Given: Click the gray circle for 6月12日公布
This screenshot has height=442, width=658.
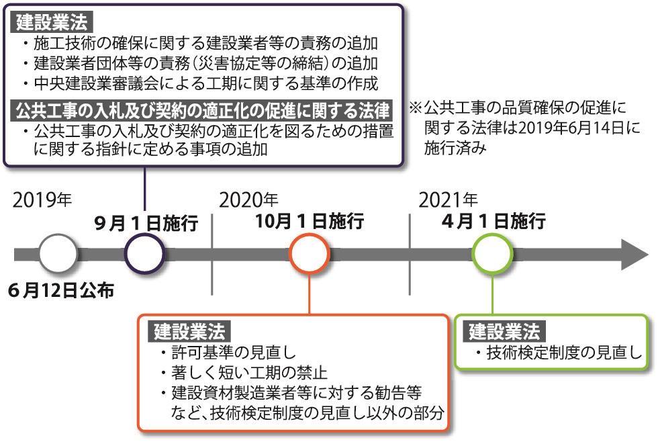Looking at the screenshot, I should pyautogui.click(x=58, y=253).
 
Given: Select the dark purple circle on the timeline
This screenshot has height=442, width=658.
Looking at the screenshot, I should pyautogui.click(x=144, y=254).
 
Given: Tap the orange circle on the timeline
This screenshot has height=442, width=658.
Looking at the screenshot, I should pyautogui.click(x=309, y=254).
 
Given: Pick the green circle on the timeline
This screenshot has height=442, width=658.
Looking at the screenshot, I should pyautogui.click(x=492, y=254).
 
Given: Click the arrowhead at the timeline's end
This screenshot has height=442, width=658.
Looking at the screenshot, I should pyautogui.click(x=634, y=254).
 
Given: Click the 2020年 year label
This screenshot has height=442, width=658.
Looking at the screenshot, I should pyautogui.click(x=248, y=200).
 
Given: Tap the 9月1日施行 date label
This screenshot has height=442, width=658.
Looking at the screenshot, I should pyautogui.click(x=146, y=223).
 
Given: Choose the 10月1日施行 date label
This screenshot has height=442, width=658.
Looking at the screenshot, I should pyautogui.click(x=310, y=221).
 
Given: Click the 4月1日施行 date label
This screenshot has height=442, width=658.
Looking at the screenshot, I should pyautogui.click(x=493, y=221).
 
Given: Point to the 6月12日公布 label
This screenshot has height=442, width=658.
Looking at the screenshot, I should pyautogui.click(x=61, y=291).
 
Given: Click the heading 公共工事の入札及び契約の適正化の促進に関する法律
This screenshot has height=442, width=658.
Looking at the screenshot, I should pyautogui.click(x=208, y=109).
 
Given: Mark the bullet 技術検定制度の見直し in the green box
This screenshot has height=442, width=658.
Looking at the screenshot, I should pyautogui.click(x=563, y=353).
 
